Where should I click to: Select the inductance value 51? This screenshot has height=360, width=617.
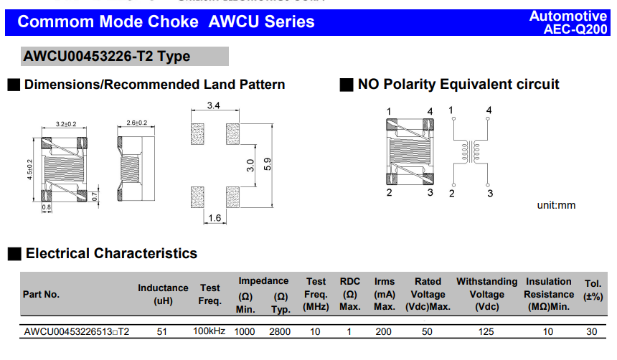[163, 331]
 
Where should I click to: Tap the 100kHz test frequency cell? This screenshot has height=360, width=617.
[209, 331]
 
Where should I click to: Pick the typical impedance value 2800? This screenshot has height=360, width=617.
[280, 331]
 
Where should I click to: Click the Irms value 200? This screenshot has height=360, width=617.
[384, 331]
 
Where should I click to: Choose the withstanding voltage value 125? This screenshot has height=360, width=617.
[486, 331]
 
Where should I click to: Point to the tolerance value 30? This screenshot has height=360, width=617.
[592, 331]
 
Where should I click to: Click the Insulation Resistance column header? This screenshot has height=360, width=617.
[548, 295]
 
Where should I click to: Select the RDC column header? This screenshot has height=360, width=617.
[350, 295]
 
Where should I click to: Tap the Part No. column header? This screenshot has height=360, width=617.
[42, 295]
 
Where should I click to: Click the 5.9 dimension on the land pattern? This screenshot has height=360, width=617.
[268, 164]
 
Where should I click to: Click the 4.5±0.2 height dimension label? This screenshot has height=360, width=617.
[30, 170]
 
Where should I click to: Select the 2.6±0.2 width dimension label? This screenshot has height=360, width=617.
[136, 123]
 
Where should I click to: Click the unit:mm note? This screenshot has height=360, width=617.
[556, 206]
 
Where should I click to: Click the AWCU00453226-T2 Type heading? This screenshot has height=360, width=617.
[107, 57]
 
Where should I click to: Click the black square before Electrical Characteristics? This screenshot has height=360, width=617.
[13, 254]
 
